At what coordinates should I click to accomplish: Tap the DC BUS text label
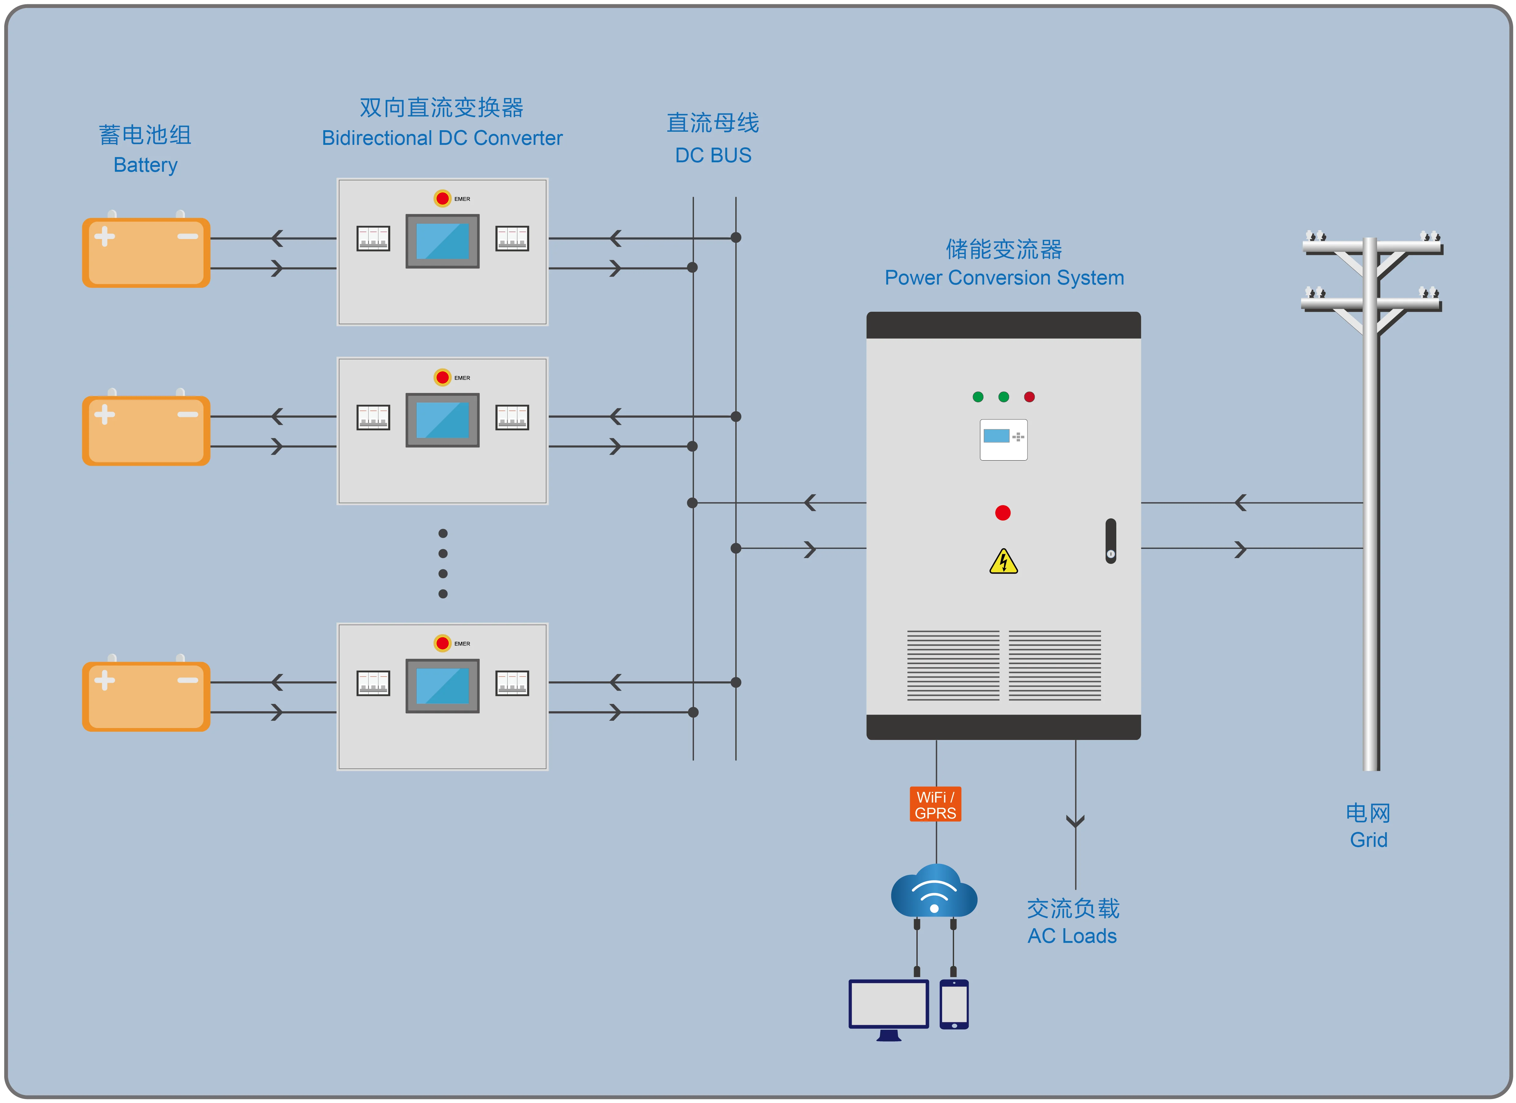[713, 155]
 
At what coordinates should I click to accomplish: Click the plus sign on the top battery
[104, 236]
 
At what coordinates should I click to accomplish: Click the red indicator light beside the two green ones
[1030, 397]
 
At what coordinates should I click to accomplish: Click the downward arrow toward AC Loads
[1075, 821]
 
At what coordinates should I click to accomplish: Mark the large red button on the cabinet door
[1003, 513]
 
